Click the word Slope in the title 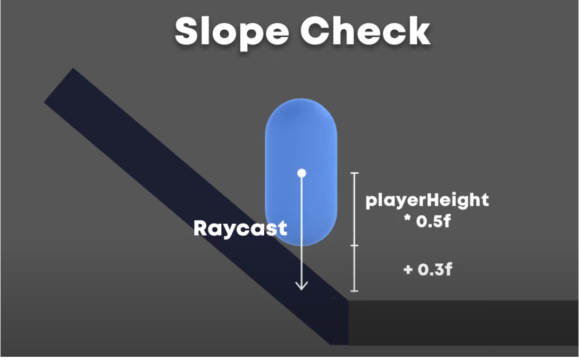click(232, 32)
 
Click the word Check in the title click(365, 32)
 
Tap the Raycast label click(240, 228)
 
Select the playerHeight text click(427, 200)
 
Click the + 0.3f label click(428, 269)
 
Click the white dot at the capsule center click(301, 173)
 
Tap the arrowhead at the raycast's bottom click(301, 286)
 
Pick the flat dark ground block click(463, 322)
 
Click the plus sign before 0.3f click(408, 270)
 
